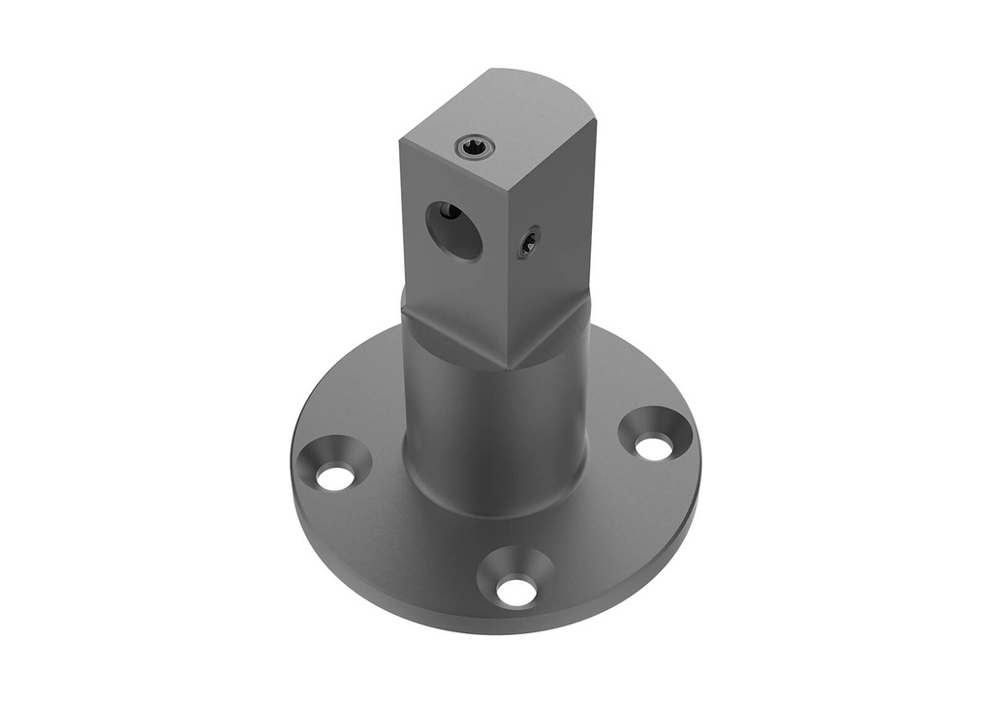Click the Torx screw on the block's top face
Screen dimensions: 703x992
475,146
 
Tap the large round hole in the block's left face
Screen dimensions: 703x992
454,230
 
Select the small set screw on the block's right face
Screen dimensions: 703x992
528,242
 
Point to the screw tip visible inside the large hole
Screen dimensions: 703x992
447,211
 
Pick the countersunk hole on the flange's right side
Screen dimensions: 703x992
655,433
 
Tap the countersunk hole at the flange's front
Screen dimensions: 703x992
515,577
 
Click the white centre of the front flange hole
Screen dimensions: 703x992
515,591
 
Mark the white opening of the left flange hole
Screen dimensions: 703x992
335,476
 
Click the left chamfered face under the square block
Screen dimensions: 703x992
450,339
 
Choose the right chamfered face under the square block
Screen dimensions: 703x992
552,334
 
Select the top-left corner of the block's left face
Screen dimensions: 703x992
401,141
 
